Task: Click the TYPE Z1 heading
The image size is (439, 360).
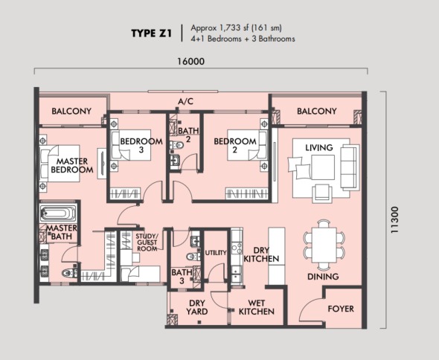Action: tap(151, 33)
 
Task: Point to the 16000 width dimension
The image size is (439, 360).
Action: tap(191, 61)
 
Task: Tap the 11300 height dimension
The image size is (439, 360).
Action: tap(394, 220)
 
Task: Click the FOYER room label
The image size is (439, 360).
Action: tap(341, 309)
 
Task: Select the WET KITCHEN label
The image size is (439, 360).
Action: tap(257, 307)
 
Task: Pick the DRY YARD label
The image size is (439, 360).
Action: tap(197, 307)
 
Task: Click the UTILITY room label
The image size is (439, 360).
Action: tap(216, 253)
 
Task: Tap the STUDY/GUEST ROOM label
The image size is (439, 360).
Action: tap(147, 242)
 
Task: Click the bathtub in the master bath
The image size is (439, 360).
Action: tap(58, 213)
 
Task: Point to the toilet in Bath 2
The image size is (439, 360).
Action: tap(176, 145)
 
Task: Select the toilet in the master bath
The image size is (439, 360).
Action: tap(69, 272)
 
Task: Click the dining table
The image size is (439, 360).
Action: tap(324, 245)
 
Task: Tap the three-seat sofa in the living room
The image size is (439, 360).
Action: tap(350, 168)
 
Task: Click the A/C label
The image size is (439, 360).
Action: tap(185, 101)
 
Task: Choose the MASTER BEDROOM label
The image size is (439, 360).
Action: tap(72, 165)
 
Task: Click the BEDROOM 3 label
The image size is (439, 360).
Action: tap(141, 145)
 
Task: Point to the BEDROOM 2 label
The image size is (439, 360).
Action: tap(235, 145)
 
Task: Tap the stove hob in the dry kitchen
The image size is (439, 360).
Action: tap(237, 248)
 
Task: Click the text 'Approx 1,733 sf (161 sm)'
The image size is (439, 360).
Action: tap(237, 28)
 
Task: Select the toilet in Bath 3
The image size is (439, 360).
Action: tap(193, 256)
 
